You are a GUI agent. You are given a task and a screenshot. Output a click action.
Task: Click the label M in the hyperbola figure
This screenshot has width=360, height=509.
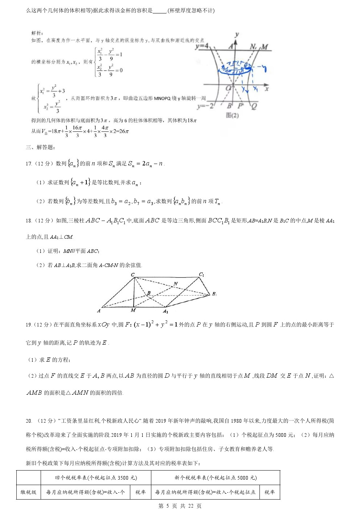pyautogui.click(x=265, y=47)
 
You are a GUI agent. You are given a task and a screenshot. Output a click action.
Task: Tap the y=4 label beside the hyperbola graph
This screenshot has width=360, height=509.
pyautogui.click(x=202, y=46)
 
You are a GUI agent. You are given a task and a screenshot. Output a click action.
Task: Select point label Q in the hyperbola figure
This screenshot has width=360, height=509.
pyautogui.click(x=254, y=107)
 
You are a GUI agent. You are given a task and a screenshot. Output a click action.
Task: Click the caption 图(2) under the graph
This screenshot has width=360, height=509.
pyautogui.click(x=232, y=115)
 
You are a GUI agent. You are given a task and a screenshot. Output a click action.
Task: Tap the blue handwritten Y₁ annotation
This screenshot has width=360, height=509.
pyautogui.click(x=255, y=88)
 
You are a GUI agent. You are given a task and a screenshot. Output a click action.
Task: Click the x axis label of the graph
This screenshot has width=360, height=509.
pyautogui.click(x=267, y=88)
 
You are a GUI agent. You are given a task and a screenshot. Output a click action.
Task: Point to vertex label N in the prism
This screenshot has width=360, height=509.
pyautogui.click(x=176, y=284)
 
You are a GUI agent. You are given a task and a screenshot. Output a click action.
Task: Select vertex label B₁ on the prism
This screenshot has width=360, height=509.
pyautogui.click(x=214, y=294)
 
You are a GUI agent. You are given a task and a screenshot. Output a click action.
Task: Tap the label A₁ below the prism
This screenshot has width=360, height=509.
pyautogui.click(x=165, y=311)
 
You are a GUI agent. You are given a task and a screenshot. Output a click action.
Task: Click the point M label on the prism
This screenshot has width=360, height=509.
pyautogui.click(x=133, y=310)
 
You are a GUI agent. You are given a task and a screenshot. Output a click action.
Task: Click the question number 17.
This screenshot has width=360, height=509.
pyautogui.click(x=29, y=164)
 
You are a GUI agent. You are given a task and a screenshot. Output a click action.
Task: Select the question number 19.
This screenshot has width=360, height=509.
pyautogui.click(x=29, y=325)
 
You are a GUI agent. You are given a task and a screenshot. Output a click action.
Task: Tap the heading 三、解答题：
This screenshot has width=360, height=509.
pyautogui.click(x=41, y=147)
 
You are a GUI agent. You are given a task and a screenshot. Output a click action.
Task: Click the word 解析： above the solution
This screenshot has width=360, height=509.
pyautogui.click(x=37, y=33)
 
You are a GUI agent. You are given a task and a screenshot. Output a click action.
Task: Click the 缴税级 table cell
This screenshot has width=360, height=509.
pyautogui.click(x=28, y=492)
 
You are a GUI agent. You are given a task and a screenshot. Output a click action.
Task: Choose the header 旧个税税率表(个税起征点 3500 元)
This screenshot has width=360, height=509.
pyautogui.click(x=96, y=478)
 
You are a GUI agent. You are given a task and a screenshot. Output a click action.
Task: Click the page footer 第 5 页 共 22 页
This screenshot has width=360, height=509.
pyautogui.click(x=180, y=505)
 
